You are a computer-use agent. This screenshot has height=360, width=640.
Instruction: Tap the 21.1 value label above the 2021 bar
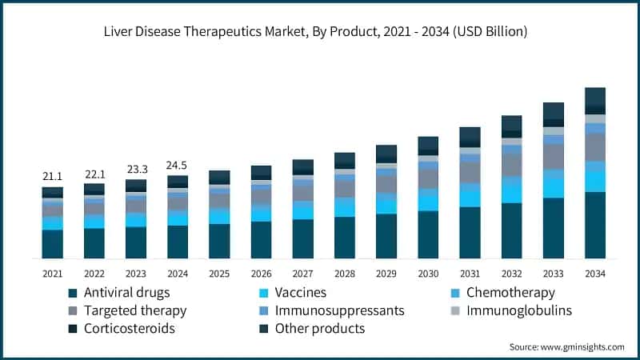[53, 176]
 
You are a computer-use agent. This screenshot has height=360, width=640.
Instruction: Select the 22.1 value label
[94, 174]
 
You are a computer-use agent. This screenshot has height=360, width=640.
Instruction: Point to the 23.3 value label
[136, 170]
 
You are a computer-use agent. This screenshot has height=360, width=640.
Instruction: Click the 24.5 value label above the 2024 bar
[178, 166]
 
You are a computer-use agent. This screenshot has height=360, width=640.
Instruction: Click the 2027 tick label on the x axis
[303, 273]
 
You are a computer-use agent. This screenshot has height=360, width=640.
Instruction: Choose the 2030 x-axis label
[428, 273]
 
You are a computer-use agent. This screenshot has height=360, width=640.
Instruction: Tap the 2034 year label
[595, 273]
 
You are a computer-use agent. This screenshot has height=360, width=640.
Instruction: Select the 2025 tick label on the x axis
[219, 273]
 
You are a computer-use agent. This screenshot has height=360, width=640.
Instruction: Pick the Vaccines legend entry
[299, 293]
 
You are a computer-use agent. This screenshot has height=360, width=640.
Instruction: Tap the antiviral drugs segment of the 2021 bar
[53, 243]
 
